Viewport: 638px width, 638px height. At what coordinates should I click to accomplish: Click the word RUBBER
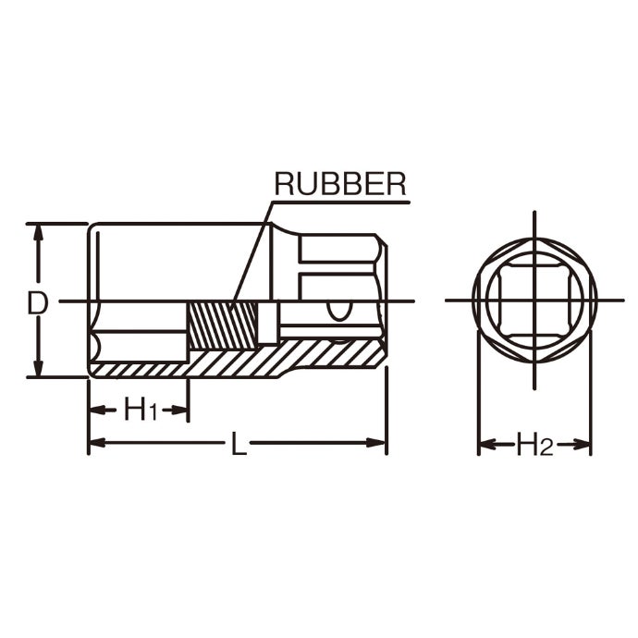click(x=340, y=184)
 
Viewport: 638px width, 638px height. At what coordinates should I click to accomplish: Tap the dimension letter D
click(x=37, y=303)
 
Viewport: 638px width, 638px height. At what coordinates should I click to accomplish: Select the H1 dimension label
click(x=141, y=409)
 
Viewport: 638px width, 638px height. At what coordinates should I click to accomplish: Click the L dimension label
click(x=239, y=443)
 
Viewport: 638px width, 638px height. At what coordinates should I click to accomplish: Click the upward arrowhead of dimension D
click(x=38, y=233)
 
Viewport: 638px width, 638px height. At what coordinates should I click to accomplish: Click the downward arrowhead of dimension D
click(x=38, y=368)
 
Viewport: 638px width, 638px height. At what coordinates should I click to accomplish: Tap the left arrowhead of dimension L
click(x=98, y=443)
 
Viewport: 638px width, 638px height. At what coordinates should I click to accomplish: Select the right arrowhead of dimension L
click(x=376, y=443)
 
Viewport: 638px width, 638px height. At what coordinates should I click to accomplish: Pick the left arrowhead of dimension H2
click(x=487, y=444)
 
